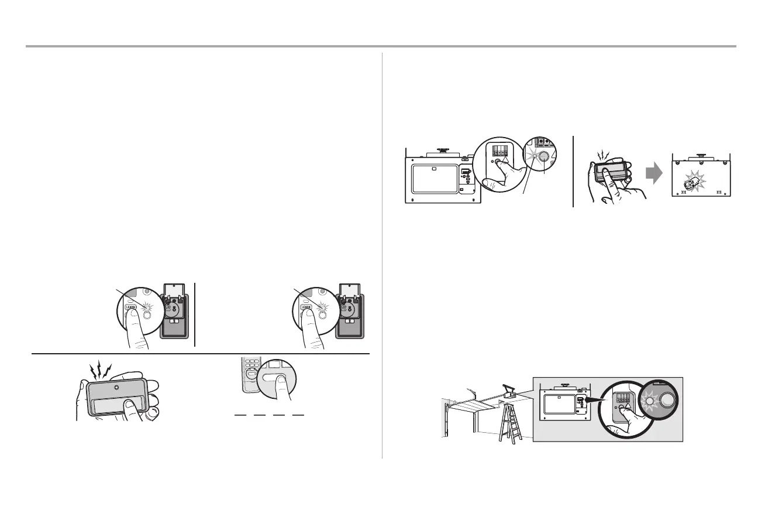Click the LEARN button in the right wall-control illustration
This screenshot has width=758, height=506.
[306, 306]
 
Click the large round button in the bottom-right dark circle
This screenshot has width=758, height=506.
[667, 401]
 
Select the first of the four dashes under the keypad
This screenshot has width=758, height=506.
[240, 415]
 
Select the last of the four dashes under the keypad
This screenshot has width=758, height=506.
[298, 415]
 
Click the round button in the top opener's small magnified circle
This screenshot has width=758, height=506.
[543, 156]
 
